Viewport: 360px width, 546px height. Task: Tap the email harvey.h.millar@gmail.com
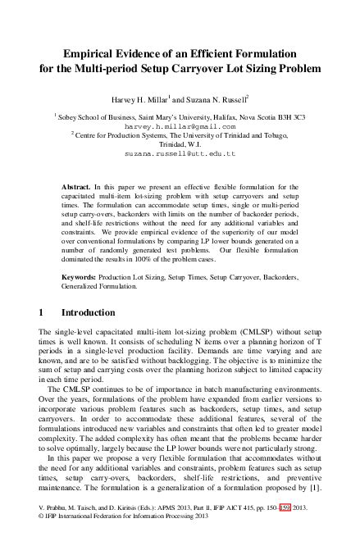pyautogui.click(x=180, y=128)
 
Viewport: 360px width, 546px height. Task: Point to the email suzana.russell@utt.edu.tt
pyautogui.click(x=180, y=153)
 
